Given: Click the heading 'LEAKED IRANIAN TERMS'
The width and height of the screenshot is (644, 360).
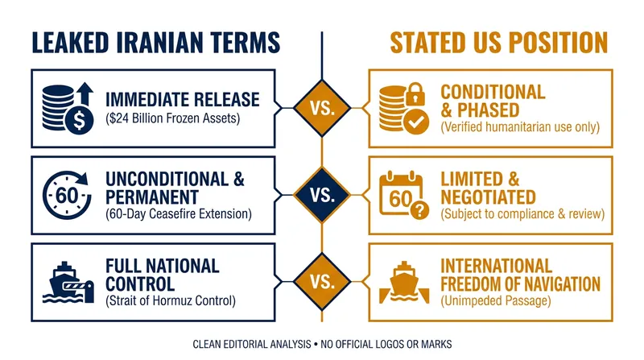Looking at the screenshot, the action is pos(155,43).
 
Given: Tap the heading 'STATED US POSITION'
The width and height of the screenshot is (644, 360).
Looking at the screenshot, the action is pos(498,43).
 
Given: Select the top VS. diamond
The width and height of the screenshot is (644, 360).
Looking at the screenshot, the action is pos(322,108).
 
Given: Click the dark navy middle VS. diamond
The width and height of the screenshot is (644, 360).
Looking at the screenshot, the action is pos(322,195).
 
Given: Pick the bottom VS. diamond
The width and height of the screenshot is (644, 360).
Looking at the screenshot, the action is pos(322,282).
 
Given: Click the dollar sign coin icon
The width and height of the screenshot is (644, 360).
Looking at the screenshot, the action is pos(79,120).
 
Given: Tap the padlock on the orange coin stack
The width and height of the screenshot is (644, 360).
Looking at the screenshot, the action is pos(415,94).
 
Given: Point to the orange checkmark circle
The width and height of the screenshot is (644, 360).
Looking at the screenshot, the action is pos(416,122).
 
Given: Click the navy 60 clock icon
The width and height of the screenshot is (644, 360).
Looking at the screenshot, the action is pos(68,195).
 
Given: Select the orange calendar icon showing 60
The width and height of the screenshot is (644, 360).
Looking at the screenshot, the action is pos(401,193).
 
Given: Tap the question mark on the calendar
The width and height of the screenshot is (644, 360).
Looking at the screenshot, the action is pos(419,210).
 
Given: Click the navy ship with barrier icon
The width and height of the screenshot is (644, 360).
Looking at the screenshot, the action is pos(68,283).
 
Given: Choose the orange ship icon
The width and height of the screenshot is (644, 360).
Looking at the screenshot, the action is pos(404,283).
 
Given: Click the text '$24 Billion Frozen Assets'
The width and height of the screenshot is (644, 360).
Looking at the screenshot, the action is pos(173,118).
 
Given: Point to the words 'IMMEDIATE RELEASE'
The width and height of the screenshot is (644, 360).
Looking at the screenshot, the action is pos(183,99).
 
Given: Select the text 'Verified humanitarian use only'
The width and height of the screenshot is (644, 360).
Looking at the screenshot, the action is pos(520,127).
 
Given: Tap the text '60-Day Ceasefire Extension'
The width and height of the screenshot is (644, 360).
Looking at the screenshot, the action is pos(179,214).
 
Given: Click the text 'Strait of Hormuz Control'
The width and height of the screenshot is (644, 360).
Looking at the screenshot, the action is pos(171,301).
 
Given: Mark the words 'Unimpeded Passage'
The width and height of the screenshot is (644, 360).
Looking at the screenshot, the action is pos(496,301).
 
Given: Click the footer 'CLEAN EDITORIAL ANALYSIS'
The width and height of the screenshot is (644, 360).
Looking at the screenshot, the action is pos(252,344).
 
